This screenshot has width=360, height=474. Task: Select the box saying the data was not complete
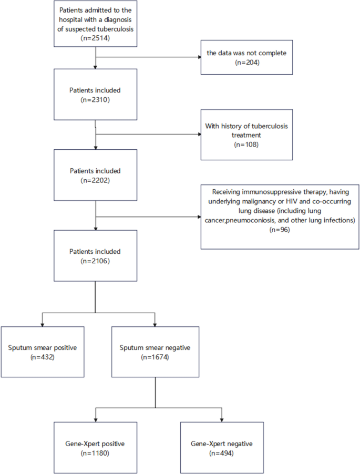click(x=245, y=56)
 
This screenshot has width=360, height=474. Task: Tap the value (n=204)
click(x=245, y=62)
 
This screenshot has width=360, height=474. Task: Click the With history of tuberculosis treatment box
click(x=246, y=134)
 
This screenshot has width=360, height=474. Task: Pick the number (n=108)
click(x=246, y=143)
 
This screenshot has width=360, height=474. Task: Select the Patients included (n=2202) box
click(x=95, y=175)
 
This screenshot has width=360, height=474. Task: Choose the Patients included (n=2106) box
click(x=95, y=256)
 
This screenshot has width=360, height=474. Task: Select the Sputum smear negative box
click(x=155, y=352)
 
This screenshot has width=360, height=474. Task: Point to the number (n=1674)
click(x=155, y=357)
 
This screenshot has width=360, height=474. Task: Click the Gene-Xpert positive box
click(x=95, y=448)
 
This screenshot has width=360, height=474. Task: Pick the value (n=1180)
click(x=95, y=452)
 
